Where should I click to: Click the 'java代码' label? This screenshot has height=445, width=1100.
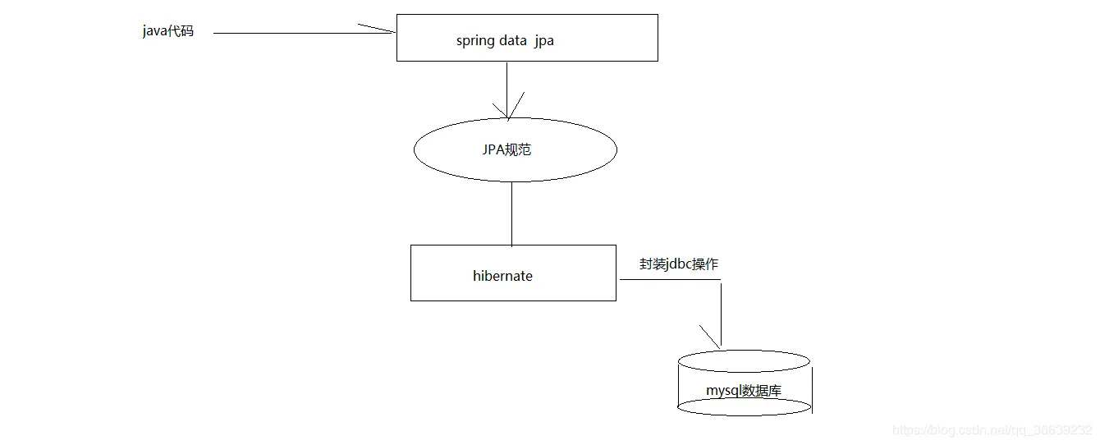pyautogui.click(x=168, y=32)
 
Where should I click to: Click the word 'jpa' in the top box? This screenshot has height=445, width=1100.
pyautogui.click(x=543, y=40)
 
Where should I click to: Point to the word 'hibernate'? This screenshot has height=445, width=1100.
pyautogui.click(x=502, y=276)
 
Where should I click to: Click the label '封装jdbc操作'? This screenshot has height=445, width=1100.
pyautogui.click(x=679, y=264)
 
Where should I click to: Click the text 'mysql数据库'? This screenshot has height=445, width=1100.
pyautogui.click(x=744, y=390)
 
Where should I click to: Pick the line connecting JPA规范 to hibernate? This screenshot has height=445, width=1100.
pyautogui.click(x=512, y=213)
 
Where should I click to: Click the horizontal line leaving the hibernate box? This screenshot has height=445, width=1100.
pyautogui.click(x=669, y=280)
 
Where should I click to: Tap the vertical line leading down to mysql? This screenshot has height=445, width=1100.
pyautogui.click(x=721, y=312)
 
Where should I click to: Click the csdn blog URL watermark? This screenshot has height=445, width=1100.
pyautogui.click(x=992, y=430)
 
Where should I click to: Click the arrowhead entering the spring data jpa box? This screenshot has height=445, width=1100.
pyautogui.click(x=381, y=30)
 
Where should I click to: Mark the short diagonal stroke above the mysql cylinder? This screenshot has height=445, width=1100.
pyautogui.click(x=708, y=335)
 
